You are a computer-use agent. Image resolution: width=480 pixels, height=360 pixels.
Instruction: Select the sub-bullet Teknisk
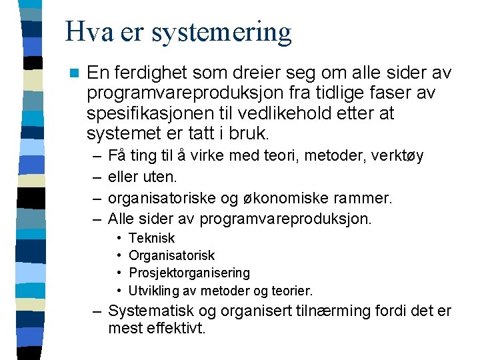click(151, 238)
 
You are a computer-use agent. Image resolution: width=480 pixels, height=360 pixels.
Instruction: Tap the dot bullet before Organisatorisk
click(118, 256)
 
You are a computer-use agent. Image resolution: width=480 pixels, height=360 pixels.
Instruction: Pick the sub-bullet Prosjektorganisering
click(189, 273)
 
